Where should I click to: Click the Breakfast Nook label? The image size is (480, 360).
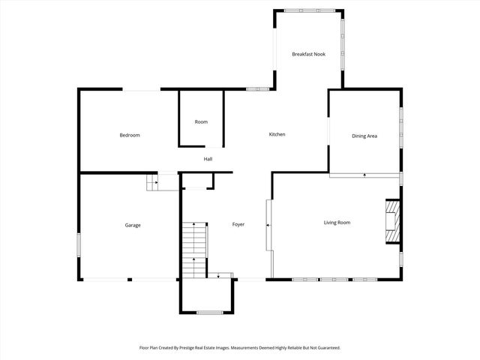tap(308, 54)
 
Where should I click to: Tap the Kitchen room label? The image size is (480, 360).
tap(277, 134)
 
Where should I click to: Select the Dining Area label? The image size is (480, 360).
tap(364, 136)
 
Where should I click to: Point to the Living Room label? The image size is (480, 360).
tap(337, 222)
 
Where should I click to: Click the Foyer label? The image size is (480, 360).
tap(238, 224)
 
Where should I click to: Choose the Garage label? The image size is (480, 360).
tap(133, 225)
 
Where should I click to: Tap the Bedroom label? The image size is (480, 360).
tap(130, 135)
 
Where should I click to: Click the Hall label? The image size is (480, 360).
tap(208, 159)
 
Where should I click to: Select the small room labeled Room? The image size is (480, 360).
tap(201, 121)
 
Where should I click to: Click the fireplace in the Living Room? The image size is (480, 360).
tap(392, 222)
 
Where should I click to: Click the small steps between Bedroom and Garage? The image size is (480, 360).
tap(151, 181)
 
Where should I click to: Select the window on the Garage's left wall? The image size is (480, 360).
tap(79, 245)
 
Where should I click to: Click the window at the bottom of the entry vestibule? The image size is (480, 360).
tap(209, 312)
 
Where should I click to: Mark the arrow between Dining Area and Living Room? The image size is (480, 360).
tap(364, 175)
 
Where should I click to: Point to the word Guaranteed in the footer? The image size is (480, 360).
tap(327, 347)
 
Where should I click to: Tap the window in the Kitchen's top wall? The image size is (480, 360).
tap(257, 89)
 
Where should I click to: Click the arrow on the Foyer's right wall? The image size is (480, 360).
tap(266, 224)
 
